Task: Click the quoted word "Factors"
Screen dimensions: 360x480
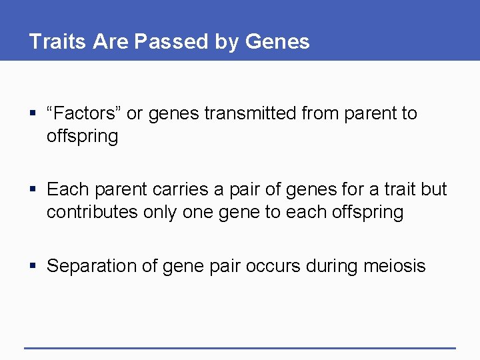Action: coord(83,114)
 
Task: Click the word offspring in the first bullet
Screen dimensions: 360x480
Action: coord(82,137)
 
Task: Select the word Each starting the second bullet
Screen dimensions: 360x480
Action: coord(67,190)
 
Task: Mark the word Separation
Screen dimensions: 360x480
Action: coord(93,267)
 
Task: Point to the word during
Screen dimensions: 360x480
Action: coord(335,267)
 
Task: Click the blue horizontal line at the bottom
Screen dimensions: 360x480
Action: coord(240,348)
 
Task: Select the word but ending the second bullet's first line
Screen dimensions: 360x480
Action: coord(434,190)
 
